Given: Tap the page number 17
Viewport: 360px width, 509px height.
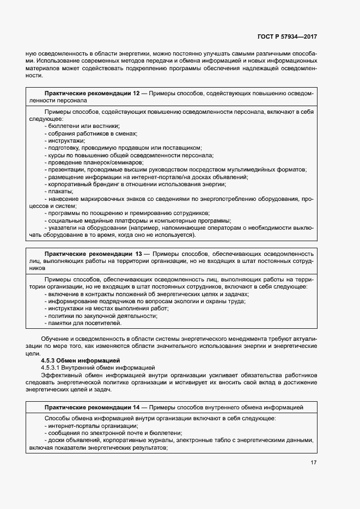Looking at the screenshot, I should click(x=313, y=463).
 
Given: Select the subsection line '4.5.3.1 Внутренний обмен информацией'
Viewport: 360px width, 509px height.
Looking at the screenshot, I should click(x=99, y=367).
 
